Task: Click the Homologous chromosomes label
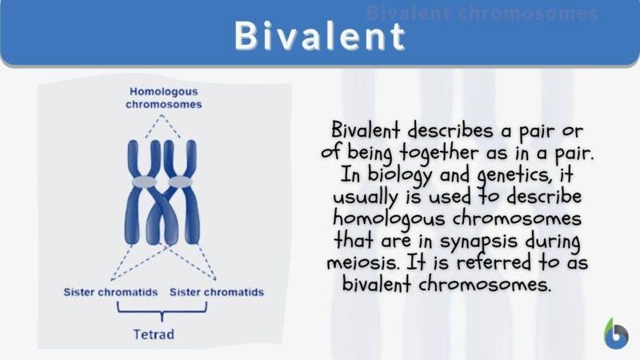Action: tap(163, 98)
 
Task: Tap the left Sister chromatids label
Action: tap(110, 292)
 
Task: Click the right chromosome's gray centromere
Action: tap(183, 182)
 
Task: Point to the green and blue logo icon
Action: tap(615, 334)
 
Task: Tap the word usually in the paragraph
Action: tap(369, 197)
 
